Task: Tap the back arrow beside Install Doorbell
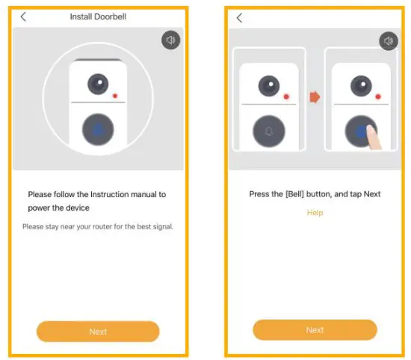pyautogui.click(x=23, y=16)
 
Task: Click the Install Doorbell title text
pyautogui.click(x=98, y=16)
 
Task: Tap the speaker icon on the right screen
pyautogui.click(x=388, y=41)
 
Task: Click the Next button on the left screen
pyautogui.click(x=98, y=332)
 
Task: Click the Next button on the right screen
pyautogui.click(x=315, y=330)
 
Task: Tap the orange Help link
pyautogui.click(x=315, y=213)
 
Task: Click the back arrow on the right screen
pyautogui.click(x=239, y=17)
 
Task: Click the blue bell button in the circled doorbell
pyautogui.click(x=98, y=129)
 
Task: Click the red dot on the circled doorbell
pyautogui.click(x=115, y=96)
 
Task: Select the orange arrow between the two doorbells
pyautogui.click(x=315, y=97)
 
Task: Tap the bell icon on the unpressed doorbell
pyautogui.click(x=269, y=131)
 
